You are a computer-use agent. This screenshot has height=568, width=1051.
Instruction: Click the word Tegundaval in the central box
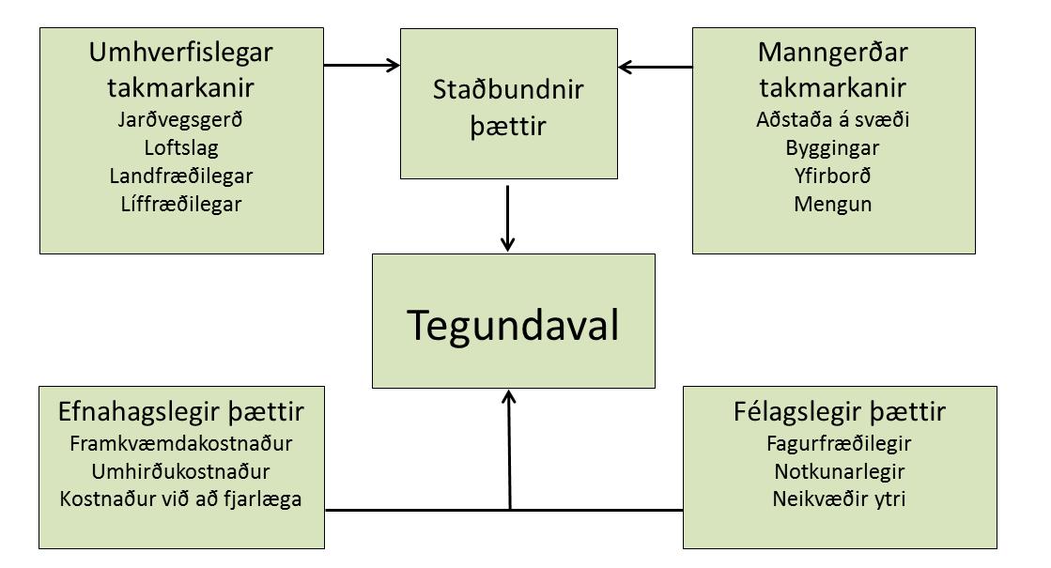[x=513, y=325]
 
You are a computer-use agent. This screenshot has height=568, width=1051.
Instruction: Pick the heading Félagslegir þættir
[x=840, y=413]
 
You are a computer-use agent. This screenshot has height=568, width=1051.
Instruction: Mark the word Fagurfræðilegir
[x=840, y=443]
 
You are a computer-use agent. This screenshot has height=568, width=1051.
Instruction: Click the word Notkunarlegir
[x=840, y=470]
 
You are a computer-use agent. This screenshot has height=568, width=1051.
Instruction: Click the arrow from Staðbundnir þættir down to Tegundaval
[x=507, y=218]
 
